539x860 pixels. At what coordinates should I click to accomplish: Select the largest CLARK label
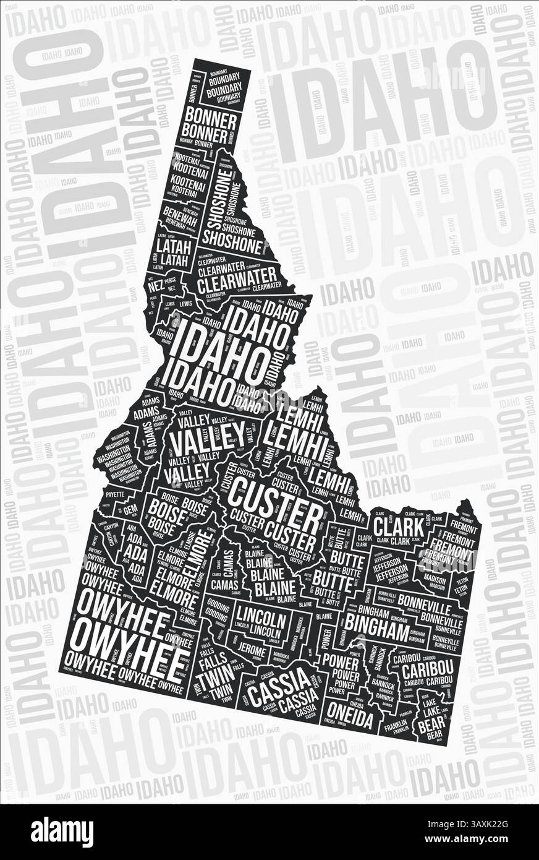coord(399,527)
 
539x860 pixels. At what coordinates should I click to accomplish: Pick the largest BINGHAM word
coord(376,632)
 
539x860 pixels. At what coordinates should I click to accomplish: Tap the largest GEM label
coord(130,510)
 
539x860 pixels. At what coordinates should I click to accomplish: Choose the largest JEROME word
coord(253,651)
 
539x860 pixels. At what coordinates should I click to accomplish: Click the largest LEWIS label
coord(184,304)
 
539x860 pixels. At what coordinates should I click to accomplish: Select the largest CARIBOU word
coord(427,670)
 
